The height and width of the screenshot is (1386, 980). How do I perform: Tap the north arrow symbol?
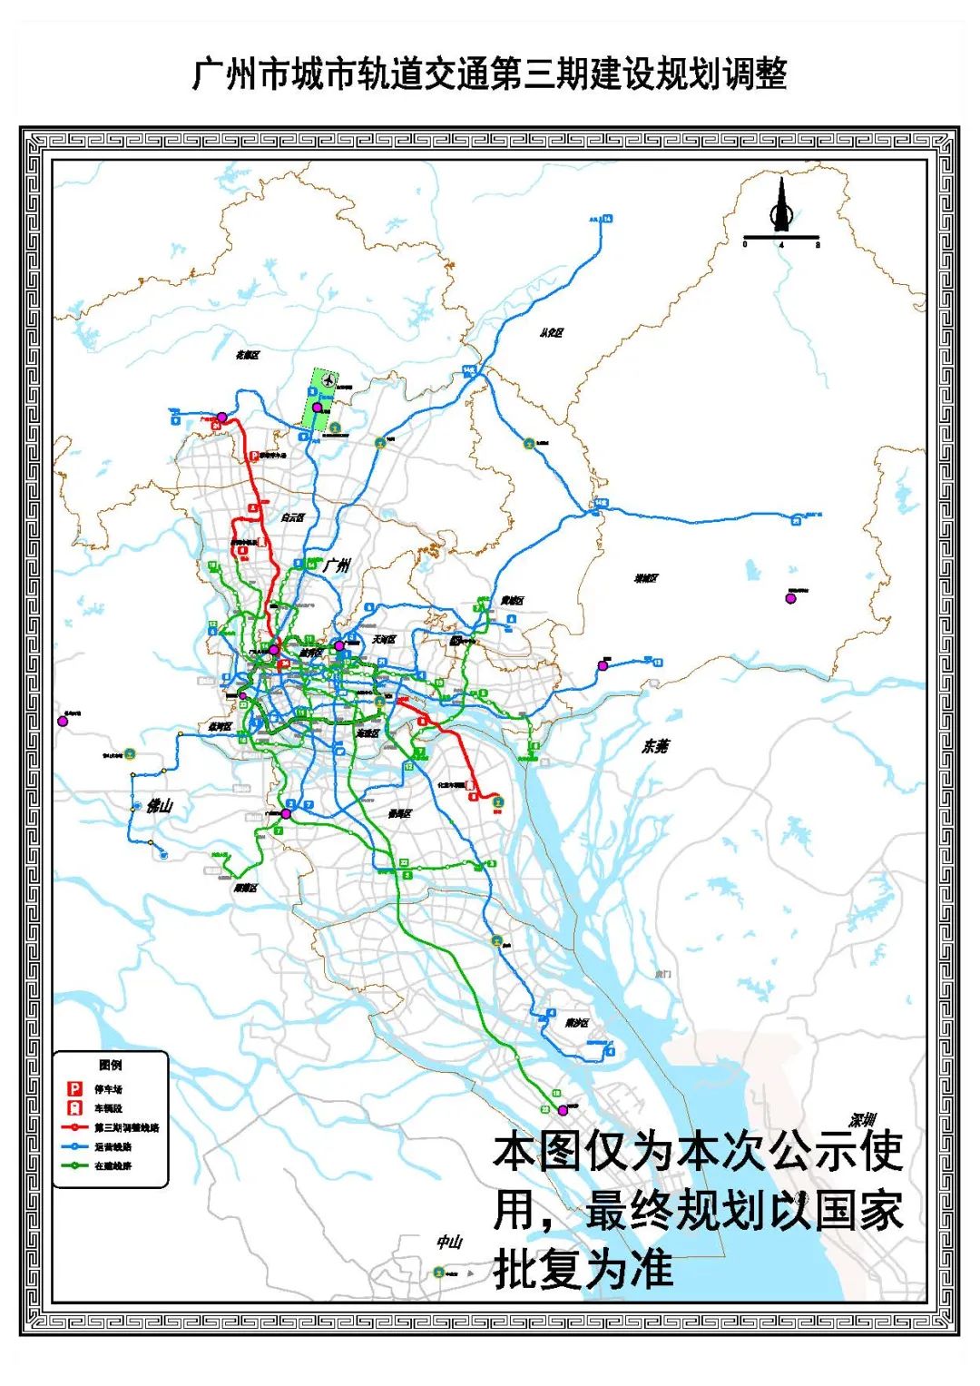(x=781, y=206)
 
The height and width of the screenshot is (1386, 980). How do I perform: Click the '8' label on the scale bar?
(x=818, y=244)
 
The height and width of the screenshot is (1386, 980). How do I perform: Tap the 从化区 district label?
(x=551, y=333)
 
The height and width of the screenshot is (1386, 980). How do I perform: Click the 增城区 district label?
(x=646, y=578)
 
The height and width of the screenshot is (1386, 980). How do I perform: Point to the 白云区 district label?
(x=292, y=517)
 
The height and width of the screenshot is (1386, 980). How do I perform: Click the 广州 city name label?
(x=336, y=565)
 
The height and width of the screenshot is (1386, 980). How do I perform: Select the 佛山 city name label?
(x=159, y=805)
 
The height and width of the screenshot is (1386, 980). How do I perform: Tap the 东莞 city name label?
(x=655, y=746)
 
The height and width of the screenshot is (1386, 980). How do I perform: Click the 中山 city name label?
(x=449, y=1242)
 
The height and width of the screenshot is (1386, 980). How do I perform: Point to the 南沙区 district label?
(x=576, y=1023)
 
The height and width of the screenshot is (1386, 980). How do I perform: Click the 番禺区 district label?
(x=399, y=814)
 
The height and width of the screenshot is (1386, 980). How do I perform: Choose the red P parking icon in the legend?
(x=75, y=1088)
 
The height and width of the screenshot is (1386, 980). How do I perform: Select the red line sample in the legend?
(x=75, y=1127)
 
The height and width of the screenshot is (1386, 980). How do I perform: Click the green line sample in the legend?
(x=75, y=1165)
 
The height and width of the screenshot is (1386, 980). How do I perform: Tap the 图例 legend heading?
(x=110, y=1065)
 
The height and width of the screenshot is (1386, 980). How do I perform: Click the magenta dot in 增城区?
(x=790, y=597)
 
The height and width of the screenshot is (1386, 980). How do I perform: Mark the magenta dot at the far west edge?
(x=63, y=722)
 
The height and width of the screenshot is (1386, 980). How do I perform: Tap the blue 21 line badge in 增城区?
(x=797, y=521)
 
